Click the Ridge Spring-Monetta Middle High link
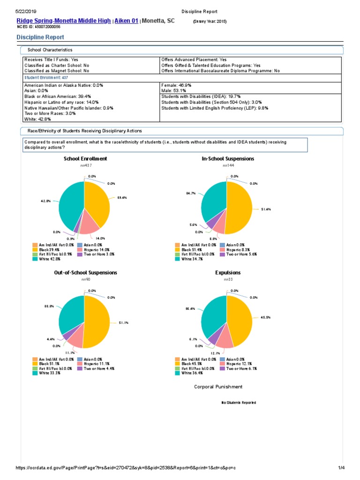pyautogui.click(x=64, y=21)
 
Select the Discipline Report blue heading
pyautogui.click(x=40, y=37)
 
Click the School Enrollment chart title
pyautogui.click(x=85, y=159)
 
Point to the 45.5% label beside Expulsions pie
pyautogui.click(x=259, y=317)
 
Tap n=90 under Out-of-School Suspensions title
pyautogui.click(x=85, y=279)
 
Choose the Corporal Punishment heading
pyautogui.click(x=218, y=387)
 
